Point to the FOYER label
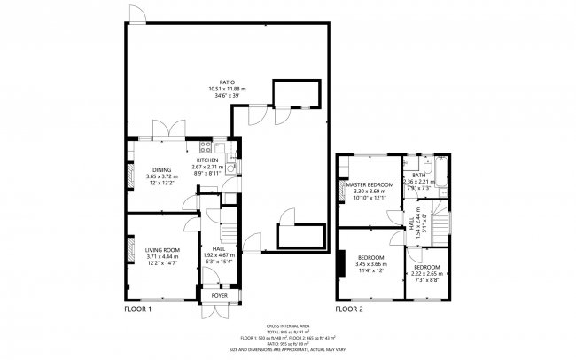pyautogui.click(x=218, y=296)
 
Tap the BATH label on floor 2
pyautogui.click(x=416, y=175)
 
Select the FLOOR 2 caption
pyautogui.click(x=348, y=310)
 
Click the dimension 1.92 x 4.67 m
pyautogui.click(x=218, y=255)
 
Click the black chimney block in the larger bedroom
pyautogui.click(x=339, y=265)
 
